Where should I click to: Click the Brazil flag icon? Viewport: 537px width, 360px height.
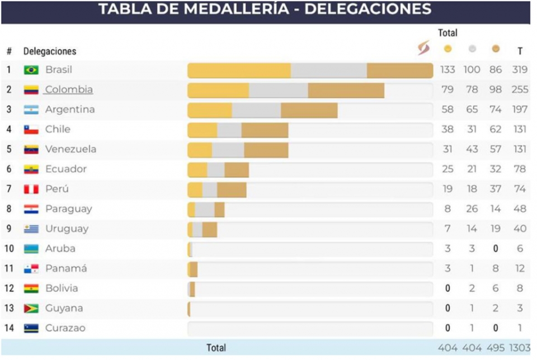[31, 70]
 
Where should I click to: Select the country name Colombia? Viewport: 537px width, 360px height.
[69, 89]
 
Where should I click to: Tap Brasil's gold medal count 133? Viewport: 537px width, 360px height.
[447, 69]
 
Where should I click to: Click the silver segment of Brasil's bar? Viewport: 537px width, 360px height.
[329, 70]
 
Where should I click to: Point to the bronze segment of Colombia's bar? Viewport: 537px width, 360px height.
[346, 91]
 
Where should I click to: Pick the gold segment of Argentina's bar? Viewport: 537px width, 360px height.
[210, 110]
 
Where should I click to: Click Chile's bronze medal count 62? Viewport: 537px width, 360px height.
[496, 129]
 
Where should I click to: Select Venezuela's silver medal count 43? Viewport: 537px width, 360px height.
[472, 149]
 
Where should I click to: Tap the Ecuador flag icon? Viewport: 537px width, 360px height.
[31, 169]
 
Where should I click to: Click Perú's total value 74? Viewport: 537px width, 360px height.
[520, 188]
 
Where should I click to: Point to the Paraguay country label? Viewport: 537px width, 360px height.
[68, 209]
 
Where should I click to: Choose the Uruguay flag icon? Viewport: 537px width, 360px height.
[31, 229]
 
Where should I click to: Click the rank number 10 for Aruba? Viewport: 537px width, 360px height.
[10, 248]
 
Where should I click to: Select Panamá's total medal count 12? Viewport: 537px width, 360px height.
[520, 268]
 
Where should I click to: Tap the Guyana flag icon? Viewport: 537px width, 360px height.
[31, 309]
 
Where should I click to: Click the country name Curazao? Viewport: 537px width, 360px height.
[65, 328]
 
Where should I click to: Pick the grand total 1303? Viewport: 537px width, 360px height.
[520, 348]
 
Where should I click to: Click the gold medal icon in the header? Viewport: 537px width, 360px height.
[447, 49]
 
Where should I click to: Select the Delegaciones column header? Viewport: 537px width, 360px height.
[50, 51]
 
